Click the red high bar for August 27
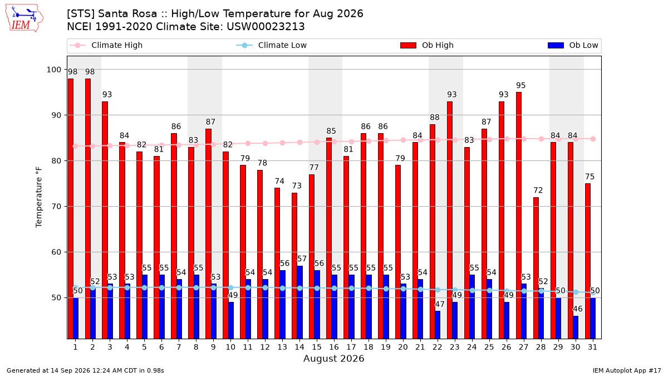coord(519,216)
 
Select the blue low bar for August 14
coord(300,302)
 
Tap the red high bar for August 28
coord(536,268)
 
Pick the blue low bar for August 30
coord(576,328)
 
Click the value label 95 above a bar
coord(520,86)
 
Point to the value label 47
coord(440,304)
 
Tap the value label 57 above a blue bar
coord(302,258)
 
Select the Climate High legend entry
coord(106,45)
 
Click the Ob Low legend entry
coord(573,45)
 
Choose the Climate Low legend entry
coord(272,45)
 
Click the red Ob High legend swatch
coord(408,45)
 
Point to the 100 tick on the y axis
coord(53,70)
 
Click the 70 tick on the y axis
coord(56,207)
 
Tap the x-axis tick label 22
coord(437,348)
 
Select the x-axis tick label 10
coord(230,348)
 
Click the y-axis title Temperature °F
coord(39,197)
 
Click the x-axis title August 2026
coord(333,359)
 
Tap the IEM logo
coord(24,18)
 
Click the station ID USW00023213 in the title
coord(266,27)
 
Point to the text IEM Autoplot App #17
coord(627,370)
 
